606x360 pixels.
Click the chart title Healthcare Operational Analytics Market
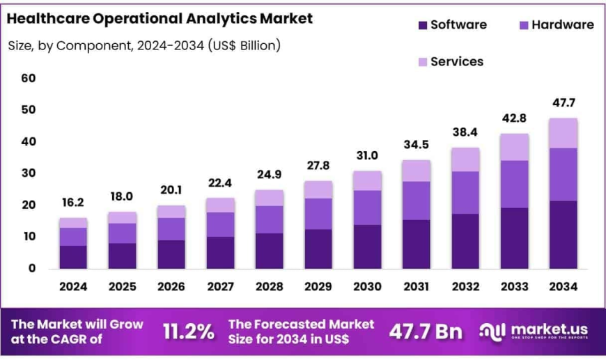pos(160,18)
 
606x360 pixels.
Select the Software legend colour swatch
pos(421,25)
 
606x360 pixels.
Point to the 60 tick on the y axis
pos(28,78)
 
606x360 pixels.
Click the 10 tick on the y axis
pos(28,237)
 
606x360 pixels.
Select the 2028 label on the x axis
pos(268,286)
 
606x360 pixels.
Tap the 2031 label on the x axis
pos(415,286)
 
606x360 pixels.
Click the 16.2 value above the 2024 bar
pos(72,203)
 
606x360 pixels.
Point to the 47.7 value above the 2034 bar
pos(562,102)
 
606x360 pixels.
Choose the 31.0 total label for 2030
pos(366,155)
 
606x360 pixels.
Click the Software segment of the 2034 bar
pos(562,235)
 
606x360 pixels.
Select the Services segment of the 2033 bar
pos(513,147)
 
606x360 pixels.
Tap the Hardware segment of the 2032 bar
pos(465,192)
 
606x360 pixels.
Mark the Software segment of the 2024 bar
pos(72,257)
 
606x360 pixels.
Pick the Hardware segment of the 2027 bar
pos(219,224)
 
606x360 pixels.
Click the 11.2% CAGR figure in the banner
pos(188,332)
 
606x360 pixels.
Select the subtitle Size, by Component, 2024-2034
pos(143,46)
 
